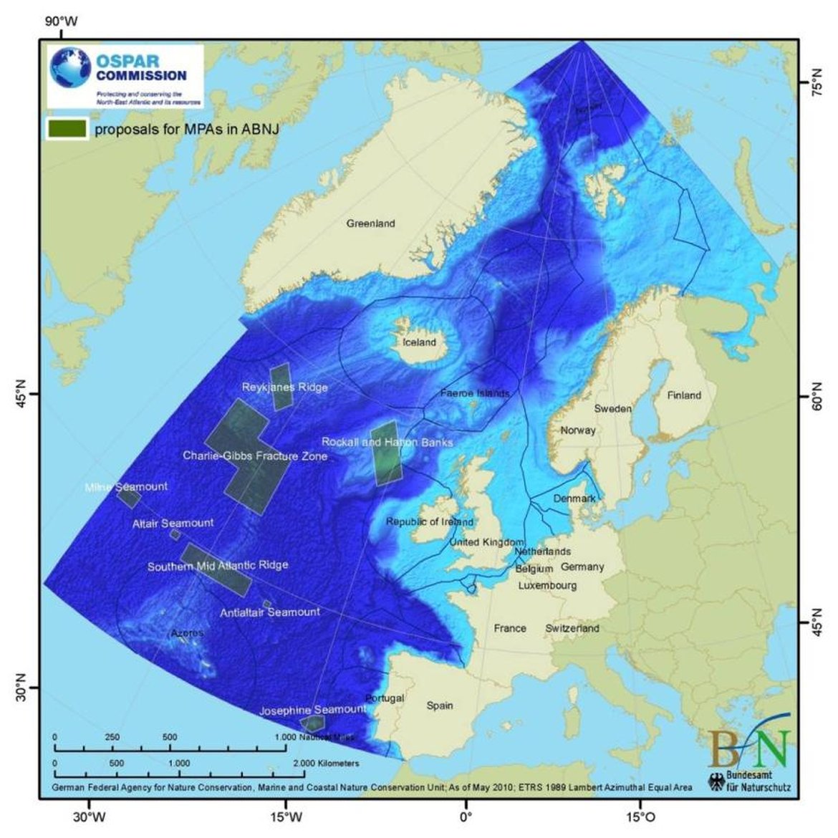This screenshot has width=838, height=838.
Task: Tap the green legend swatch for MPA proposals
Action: [x=67, y=129]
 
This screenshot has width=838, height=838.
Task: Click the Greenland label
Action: [x=370, y=223]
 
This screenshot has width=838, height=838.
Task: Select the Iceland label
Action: [x=419, y=342]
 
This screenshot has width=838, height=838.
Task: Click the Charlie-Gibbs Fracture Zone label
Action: [x=255, y=456]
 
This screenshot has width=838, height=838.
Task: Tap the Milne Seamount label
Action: [x=126, y=486]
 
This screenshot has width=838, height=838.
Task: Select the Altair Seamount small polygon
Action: [x=175, y=534]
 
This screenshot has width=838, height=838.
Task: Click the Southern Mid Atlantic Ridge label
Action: [x=218, y=565]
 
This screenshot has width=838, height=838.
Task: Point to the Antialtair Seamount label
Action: [x=269, y=612]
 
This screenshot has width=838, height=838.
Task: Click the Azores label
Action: [x=187, y=633]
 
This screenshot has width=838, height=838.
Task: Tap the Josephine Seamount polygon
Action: [x=312, y=723]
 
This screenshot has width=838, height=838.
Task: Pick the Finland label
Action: [x=684, y=395]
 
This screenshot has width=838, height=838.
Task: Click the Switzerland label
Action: [x=572, y=628]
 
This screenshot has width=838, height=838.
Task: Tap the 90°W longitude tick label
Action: [x=62, y=21]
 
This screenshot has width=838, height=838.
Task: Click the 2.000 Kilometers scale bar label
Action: [x=326, y=764]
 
